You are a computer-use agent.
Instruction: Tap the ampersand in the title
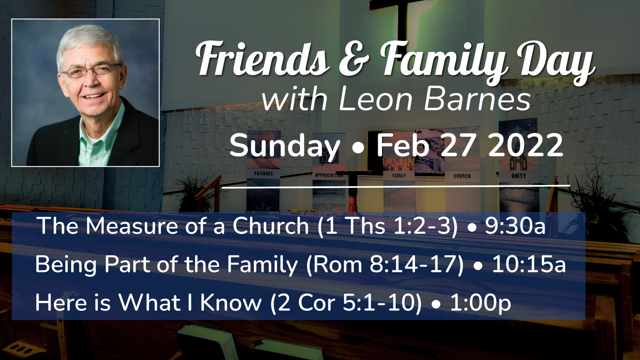(x=354, y=60)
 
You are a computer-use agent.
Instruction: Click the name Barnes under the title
(x=477, y=99)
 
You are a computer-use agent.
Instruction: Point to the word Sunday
(x=284, y=146)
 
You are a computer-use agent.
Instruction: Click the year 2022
(x=526, y=146)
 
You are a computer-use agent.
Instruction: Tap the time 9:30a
(x=515, y=226)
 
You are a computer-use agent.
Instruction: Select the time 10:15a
(x=529, y=264)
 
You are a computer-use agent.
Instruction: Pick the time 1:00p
(x=480, y=303)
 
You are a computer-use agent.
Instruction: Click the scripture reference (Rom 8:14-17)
(x=385, y=264)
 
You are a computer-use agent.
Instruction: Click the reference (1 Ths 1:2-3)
(x=388, y=226)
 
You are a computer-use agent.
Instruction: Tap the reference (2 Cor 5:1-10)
(x=346, y=303)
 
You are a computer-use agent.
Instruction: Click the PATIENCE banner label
(x=263, y=174)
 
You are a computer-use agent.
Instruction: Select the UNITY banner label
(x=518, y=176)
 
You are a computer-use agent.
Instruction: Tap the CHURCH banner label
(x=462, y=176)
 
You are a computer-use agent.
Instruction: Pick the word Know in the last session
(x=231, y=303)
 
